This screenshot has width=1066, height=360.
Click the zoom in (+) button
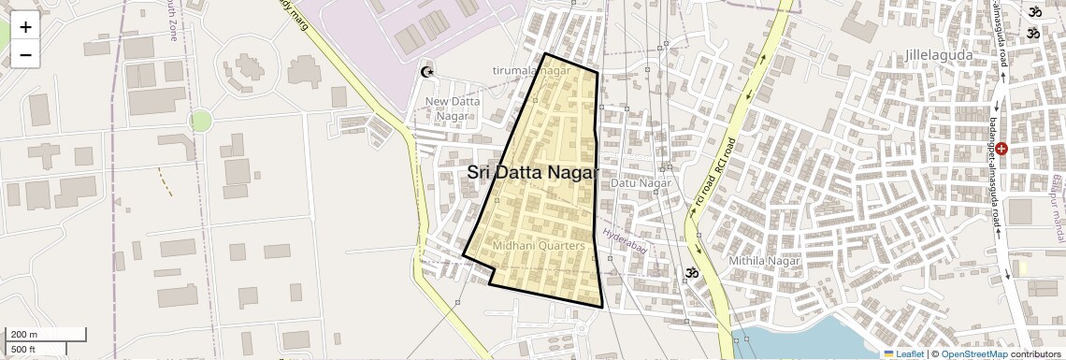25,27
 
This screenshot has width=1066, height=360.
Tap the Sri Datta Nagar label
532,173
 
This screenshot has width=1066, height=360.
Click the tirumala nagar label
531,70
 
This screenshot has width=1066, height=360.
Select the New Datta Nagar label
453,108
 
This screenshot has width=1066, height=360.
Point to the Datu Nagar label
641,183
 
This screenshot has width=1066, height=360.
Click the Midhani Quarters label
538,246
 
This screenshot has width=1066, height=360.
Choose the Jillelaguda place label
939,55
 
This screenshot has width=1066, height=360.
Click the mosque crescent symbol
428,72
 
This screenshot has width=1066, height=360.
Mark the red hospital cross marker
1001,148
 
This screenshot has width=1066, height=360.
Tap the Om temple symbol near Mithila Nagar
691,273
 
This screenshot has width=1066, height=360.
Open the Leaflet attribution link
903,354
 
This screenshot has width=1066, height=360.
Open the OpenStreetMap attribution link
973,354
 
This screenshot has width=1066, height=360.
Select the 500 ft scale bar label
24,350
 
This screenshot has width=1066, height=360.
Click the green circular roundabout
200,120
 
